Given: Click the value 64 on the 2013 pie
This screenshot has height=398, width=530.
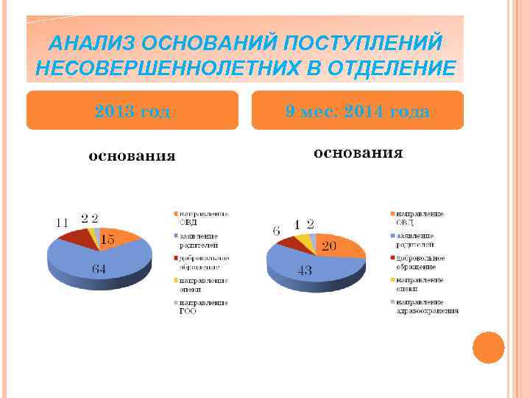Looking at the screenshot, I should (99, 269).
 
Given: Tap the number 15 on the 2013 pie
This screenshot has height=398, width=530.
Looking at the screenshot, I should (107, 239).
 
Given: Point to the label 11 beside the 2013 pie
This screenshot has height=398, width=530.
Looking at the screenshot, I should (62, 222).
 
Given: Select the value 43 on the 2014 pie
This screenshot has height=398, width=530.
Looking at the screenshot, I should (304, 270).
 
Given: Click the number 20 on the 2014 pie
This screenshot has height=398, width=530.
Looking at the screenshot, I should (329, 246).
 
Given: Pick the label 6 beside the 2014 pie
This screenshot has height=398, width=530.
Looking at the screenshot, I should (276, 231).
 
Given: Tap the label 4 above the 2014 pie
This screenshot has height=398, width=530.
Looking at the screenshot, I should (297, 223).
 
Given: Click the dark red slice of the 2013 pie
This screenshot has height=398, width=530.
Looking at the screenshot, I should (75, 236).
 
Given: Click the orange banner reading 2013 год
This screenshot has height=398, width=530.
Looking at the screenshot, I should (132, 111).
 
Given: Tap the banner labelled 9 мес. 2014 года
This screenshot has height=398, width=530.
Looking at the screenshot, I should (358, 111).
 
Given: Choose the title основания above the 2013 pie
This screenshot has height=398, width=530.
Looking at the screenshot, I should (132, 156).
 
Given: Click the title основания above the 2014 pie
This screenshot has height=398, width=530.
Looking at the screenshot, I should (358, 153).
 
